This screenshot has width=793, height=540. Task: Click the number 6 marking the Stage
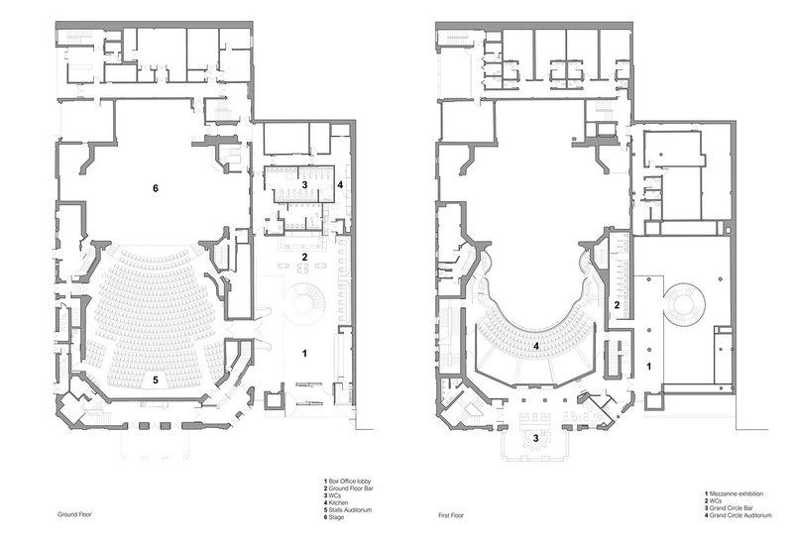click(x=156, y=188)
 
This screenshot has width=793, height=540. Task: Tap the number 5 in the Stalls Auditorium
click(x=157, y=380)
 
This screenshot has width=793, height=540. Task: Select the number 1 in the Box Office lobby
click(x=304, y=354)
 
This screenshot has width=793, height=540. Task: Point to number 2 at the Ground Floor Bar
click(x=304, y=257)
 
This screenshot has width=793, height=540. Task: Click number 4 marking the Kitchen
click(x=340, y=185)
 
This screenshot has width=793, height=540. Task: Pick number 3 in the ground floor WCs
click(x=304, y=185)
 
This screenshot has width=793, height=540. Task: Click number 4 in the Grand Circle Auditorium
click(x=536, y=347)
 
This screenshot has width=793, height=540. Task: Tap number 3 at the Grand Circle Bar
click(x=536, y=437)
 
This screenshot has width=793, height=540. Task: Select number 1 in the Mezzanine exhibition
click(x=649, y=366)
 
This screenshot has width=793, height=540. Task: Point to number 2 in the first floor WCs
click(x=617, y=305)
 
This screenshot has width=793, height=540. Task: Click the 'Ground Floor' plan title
click(x=74, y=514)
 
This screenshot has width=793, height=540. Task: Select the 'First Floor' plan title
click(x=451, y=516)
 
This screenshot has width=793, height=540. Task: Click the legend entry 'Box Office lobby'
click(x=350, y=482)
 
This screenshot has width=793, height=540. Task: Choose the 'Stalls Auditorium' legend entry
click(x=350, y=509)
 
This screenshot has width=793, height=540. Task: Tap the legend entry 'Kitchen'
click(x=338, y=502)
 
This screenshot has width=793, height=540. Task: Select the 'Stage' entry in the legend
click(x=336, y=517)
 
